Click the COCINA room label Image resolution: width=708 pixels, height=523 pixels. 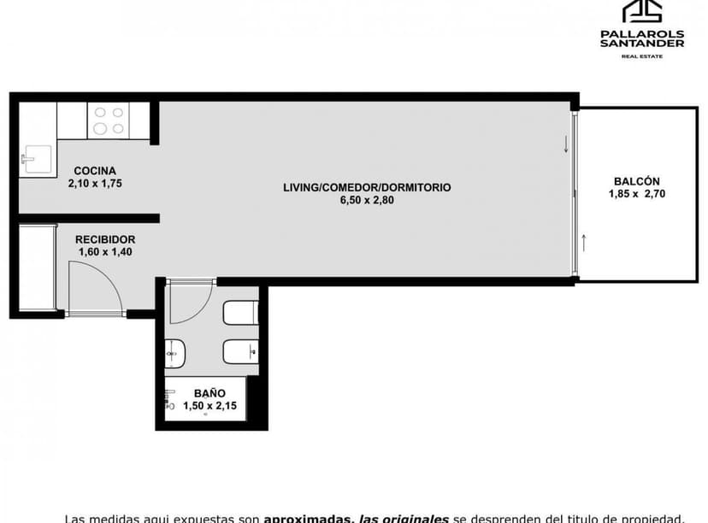pos(94,170)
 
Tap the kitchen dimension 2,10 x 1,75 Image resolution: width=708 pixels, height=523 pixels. pos(96,183)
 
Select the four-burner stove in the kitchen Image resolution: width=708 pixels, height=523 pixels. pos(108,120)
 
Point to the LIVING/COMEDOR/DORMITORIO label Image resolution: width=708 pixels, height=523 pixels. pos(367,187)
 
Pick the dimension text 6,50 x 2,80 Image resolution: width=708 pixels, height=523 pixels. pos(366,201)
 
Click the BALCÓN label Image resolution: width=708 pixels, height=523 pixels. pos(636,181)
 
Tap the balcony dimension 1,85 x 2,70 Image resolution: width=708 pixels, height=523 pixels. pos(636,194)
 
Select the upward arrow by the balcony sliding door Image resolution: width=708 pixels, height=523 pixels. pos(584,242)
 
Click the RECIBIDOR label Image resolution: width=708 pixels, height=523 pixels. pos(104,239)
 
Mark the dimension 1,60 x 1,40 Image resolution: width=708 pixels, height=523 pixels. pos(104,252)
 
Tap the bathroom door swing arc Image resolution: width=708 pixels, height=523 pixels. pos(189,303)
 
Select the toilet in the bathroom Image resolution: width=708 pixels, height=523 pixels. pos(239,314)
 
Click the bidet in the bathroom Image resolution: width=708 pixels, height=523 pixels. pos(240,352)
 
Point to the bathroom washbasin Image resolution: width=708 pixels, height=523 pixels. pos(175,353)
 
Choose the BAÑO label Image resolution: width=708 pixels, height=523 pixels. pos(209,393)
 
